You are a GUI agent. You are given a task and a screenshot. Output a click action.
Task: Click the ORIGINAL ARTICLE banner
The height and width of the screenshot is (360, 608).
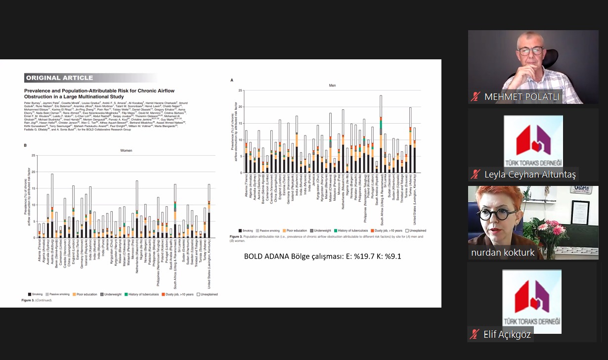click(59, 78)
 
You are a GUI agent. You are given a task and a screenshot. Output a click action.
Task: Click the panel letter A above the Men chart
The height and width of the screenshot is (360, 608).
click(232, 80)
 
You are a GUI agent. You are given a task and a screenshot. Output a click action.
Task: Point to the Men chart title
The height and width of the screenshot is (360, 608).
click(332, 86)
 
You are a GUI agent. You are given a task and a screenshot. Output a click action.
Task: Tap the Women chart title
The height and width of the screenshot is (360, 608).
click(127, 150)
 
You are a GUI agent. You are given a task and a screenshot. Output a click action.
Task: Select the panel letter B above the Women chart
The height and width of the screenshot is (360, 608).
click(25, 145)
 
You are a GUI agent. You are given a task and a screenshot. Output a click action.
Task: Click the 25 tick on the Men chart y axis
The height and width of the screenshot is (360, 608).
click(241, 91)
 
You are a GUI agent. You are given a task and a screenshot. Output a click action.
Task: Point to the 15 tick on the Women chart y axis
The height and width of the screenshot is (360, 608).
click(34, 188)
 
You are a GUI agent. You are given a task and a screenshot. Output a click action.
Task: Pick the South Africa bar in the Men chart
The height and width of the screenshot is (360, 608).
click(381, 134)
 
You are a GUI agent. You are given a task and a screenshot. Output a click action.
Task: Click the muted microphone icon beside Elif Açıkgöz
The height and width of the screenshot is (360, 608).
click(476, 335)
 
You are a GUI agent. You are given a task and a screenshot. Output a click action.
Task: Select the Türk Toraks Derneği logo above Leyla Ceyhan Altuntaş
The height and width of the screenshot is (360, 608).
click(533, 141)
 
